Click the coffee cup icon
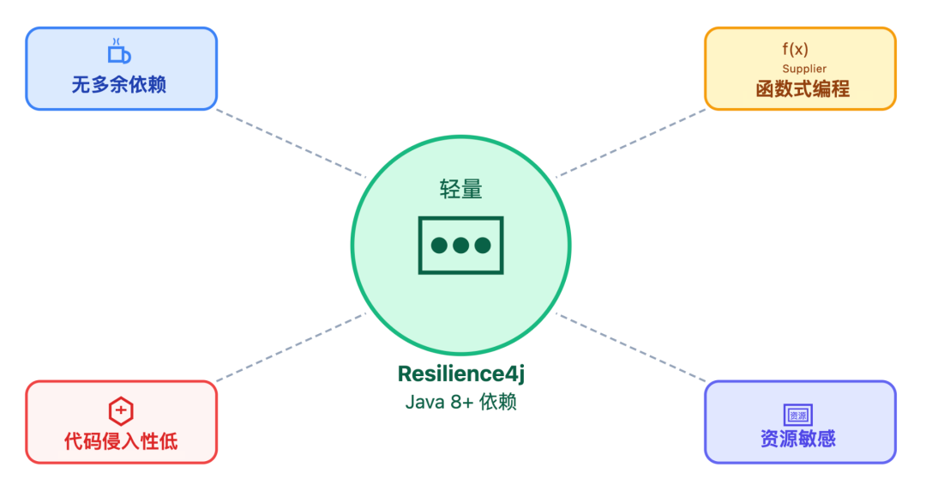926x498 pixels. coord(119,52)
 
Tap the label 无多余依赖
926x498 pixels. coord(119,85)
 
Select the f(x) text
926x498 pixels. coord(795,50)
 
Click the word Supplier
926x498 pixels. coord(804,69)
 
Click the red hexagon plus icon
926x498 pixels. coord(121,410)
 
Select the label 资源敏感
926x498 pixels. coord(798,439)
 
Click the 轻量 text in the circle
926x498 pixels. coord(460,190)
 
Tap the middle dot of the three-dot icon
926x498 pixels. coord(461,246)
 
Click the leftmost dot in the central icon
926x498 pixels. coord(440,246)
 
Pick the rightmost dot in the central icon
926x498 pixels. coord(483,246)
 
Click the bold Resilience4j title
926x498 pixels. coord(460,374)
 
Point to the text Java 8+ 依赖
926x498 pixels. coord(460,402)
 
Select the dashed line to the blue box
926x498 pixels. coord(292,143)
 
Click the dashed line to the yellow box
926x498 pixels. coord(630,143)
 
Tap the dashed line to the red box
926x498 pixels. coord(292,347)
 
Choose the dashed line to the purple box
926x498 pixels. coord(630,347)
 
